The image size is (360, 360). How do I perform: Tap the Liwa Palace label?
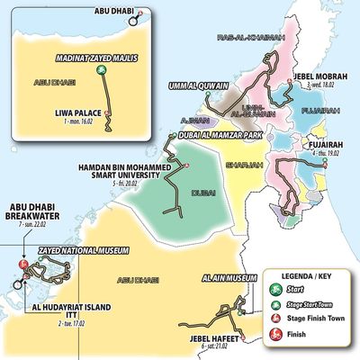[76, 113]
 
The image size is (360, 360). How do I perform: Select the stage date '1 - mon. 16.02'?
[79, 121]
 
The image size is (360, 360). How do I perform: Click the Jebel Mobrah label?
[319, 76]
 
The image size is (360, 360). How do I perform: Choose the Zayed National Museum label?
[76, 255]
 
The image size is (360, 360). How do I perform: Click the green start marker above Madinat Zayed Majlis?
[103, 68]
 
